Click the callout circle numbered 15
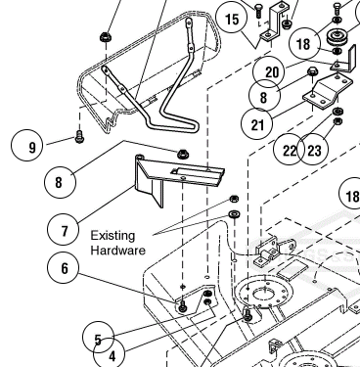(x=232, y=19)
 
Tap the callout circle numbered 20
(x=271, y=71)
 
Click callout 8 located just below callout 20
(x=264, y=96)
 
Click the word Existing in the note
(x=111, y=236)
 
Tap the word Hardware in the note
(x=117, y=252)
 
